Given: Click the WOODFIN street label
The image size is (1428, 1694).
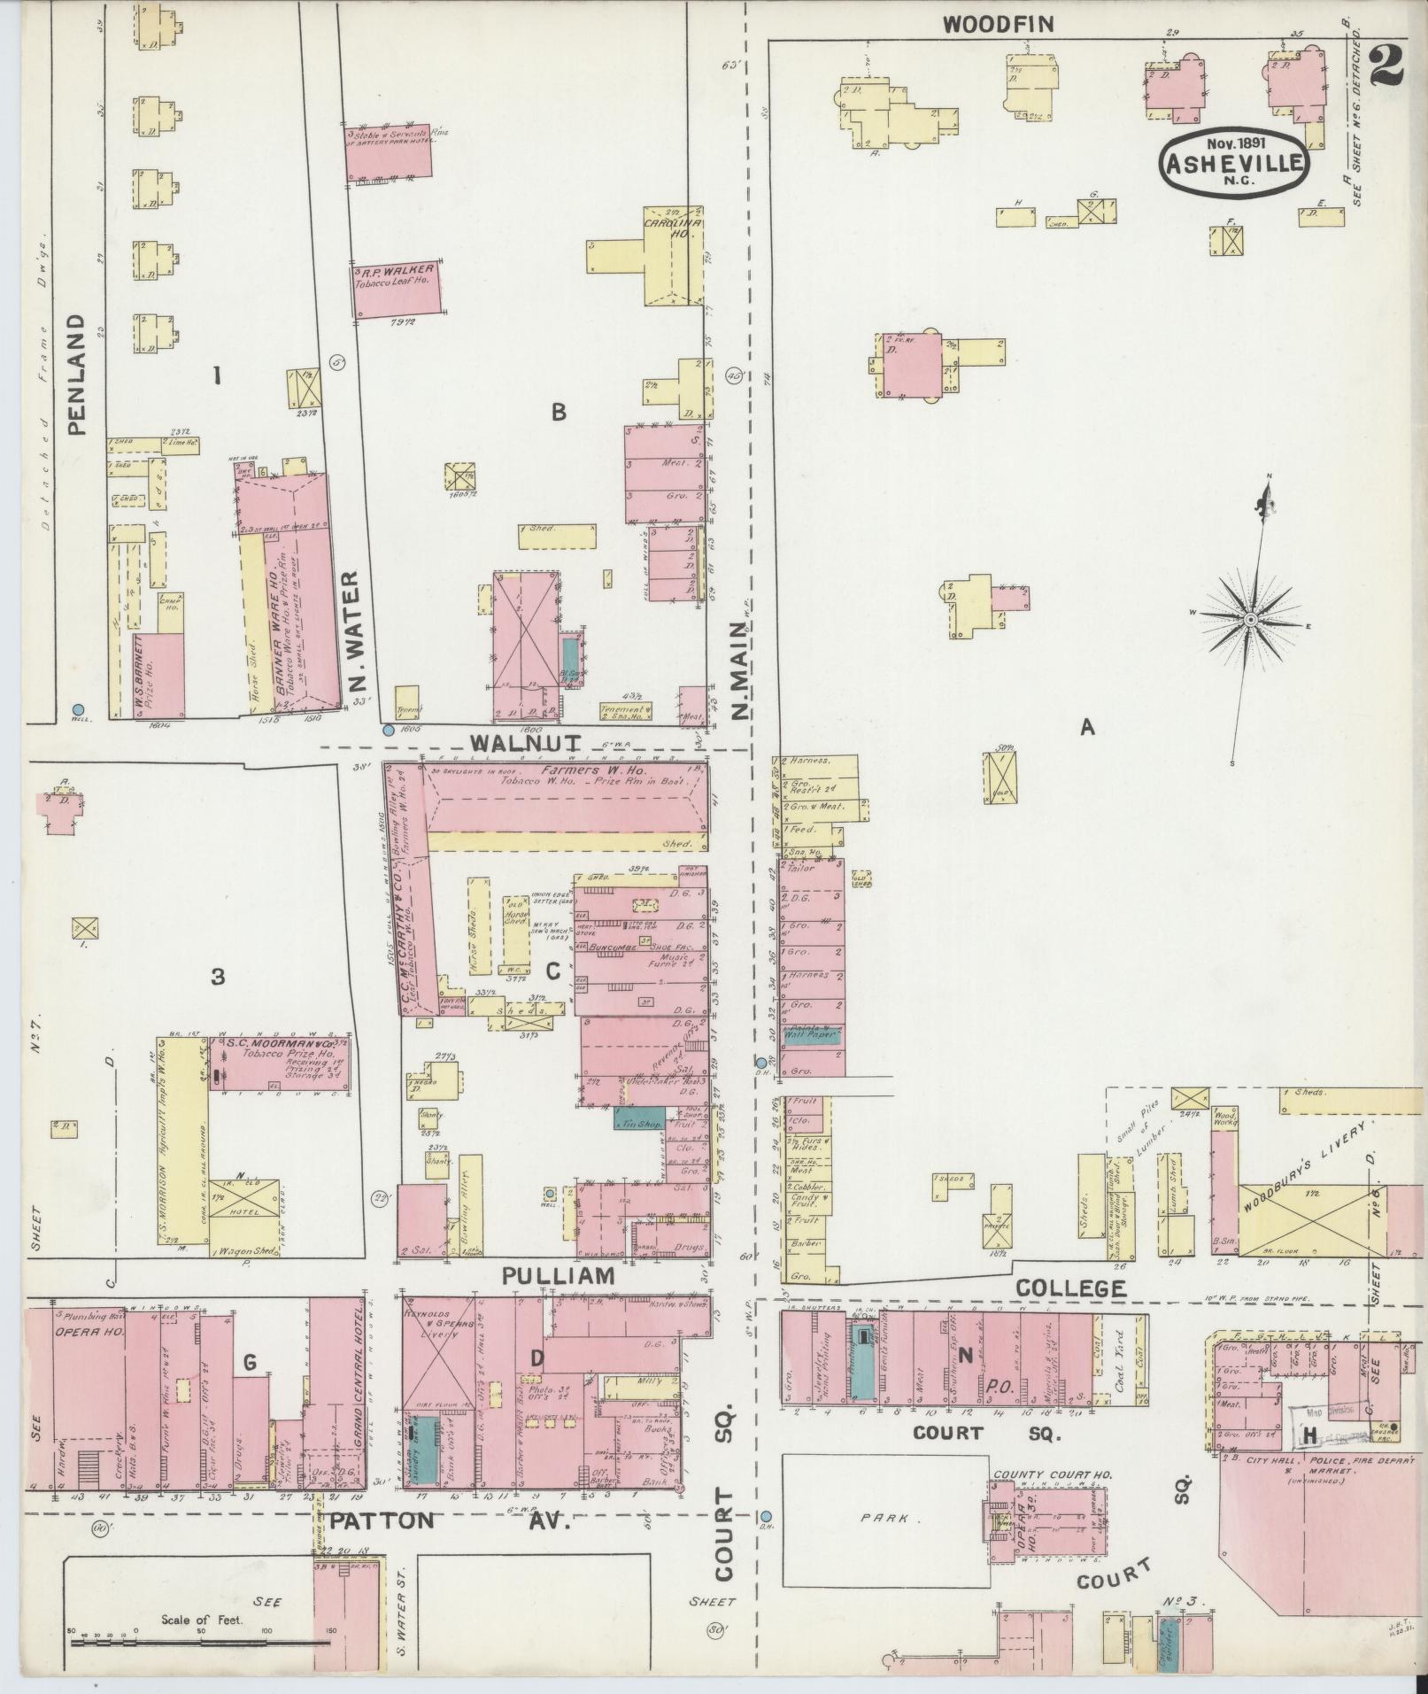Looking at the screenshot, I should coord(998,24).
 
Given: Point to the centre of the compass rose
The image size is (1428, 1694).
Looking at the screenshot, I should coord(1250,619).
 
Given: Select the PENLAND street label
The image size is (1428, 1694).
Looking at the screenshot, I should coord(77,375).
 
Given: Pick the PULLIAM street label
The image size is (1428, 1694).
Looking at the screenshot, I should coord(558,1276).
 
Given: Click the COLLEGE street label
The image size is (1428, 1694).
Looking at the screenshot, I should coord(1070,1288).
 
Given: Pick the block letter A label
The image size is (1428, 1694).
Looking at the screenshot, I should coord(1086,727).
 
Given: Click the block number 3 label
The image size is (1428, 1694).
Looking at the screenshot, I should coord(217,977).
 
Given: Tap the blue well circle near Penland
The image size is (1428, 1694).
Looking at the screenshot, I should coord(78,709).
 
